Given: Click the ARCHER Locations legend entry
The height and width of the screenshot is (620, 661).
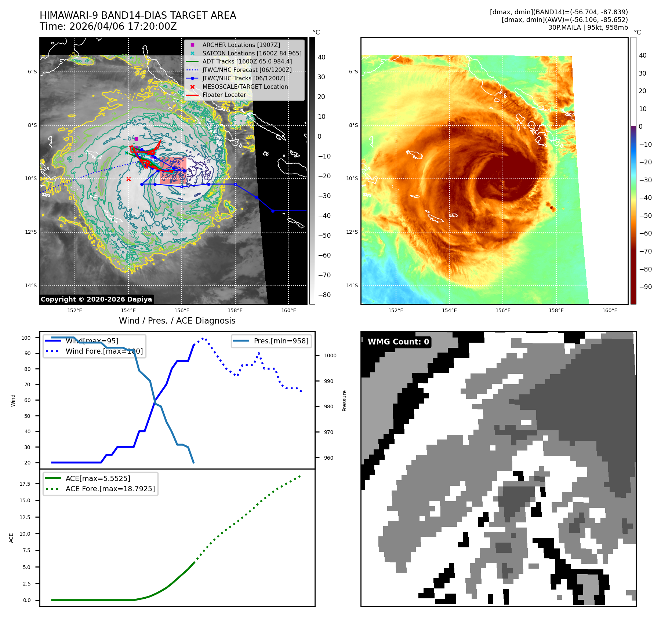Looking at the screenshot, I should point(241,45).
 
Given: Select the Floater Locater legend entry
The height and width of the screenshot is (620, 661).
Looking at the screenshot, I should point(224,95).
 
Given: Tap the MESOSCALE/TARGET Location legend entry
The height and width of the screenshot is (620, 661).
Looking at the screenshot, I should point(245,87).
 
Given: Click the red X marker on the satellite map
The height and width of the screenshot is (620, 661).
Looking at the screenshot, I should point(128,179).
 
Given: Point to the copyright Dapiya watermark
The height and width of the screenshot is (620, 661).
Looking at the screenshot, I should point(96,299).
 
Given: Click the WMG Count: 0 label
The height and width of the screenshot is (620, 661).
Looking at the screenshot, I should point(398,342).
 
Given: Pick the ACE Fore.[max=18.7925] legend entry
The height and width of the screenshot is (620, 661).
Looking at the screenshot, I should point(110,489).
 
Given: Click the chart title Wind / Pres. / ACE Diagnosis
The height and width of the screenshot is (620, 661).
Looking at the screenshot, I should point(177,321).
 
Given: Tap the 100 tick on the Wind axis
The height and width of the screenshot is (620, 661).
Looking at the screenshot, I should point(26,338).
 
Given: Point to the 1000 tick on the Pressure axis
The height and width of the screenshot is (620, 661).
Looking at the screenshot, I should point(330,355).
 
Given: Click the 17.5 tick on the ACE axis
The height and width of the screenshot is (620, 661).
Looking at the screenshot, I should point(25,484).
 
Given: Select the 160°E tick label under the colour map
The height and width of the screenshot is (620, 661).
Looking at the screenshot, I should point(610,310).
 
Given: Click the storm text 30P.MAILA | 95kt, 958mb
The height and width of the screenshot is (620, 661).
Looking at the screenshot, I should point(588,28).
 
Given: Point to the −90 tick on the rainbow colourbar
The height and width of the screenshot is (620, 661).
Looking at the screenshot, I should point(645,287).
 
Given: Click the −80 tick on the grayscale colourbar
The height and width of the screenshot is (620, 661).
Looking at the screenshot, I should point(324,295).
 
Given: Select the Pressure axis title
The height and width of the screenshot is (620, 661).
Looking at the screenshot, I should point(344,401).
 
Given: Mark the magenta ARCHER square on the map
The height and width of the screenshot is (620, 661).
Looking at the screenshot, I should point(136,139).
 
